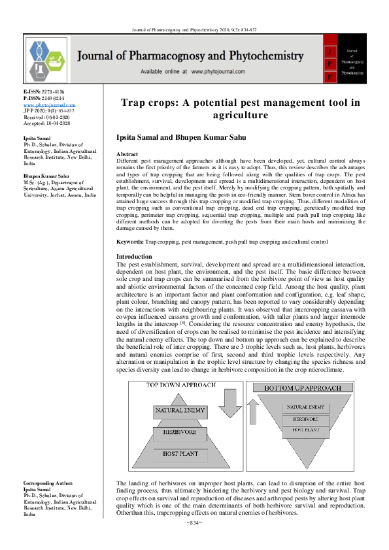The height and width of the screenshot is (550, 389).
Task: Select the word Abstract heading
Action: click(127, 153)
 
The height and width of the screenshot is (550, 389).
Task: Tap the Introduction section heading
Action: click(133, 257)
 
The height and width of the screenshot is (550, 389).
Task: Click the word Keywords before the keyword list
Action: click(129, 242)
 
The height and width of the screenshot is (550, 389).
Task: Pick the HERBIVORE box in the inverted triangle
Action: click(305, 419)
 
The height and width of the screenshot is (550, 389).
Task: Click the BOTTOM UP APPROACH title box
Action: click(302, 388)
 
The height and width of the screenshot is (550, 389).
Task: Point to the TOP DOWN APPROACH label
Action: click(180, 385)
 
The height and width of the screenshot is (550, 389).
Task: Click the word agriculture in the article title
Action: click(241, 116)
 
